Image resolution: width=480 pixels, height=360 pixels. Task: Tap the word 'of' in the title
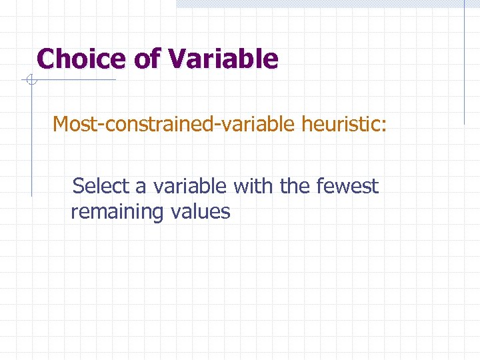[x=147, y=59]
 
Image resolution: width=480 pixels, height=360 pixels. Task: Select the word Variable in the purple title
[x=223, y=59]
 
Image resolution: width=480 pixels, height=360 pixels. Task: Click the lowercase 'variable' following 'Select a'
[x=190, y=186]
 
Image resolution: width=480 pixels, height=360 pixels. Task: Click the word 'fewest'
[x=347, y=186]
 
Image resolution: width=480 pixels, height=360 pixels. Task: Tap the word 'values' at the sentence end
[x=200, y=212]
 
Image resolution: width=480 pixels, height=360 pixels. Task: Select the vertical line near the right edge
[x=464, y=67]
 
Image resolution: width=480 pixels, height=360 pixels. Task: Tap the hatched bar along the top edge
[x=320, y=3]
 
